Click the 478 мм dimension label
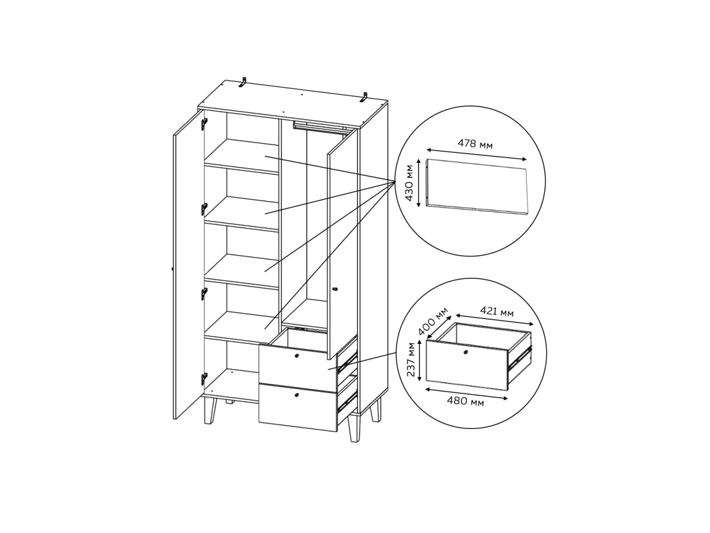[475, 143]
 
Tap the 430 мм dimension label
[409, 183]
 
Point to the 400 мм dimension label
[433, 321]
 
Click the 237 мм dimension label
[410, 359]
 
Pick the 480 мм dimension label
[465, 402]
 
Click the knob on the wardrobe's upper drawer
[297, 356]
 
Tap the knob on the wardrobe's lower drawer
[297, 395]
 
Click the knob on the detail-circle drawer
[465, 352]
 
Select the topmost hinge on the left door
[204, 124]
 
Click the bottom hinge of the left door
[204, 378]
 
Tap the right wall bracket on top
[364, 97]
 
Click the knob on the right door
[335, 288]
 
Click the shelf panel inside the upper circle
[477, 187]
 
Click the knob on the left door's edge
[173, 268]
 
